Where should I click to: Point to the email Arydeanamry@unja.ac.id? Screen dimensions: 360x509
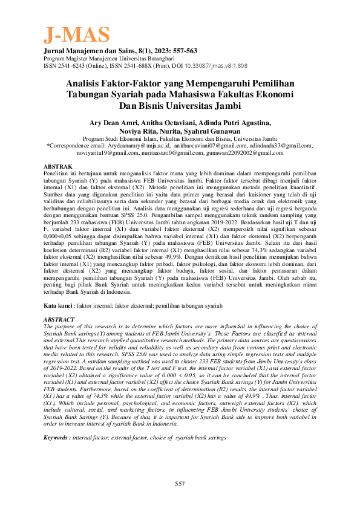140,146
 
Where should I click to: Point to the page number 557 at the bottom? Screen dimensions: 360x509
180,484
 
